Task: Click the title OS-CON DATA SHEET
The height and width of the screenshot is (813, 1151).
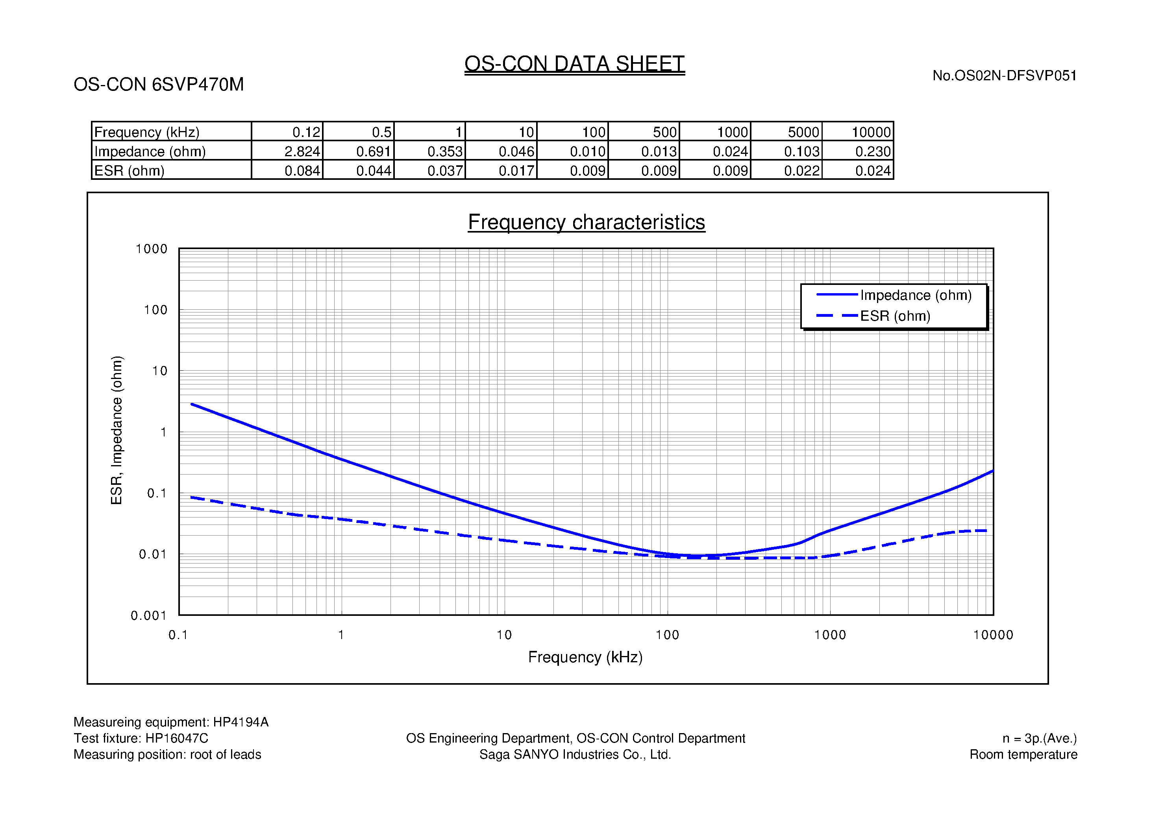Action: (x=574, y=64)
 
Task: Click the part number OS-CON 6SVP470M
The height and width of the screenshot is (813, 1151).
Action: (x=158, y=84)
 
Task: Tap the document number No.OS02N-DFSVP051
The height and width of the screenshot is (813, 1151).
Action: (x=1004, y=76)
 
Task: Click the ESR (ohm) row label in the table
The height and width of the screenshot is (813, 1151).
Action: (x=130, y=171)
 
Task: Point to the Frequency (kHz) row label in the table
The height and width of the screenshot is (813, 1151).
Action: (x=147, y=132)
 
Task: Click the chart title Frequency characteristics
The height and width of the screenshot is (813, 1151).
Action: (x=586, y=222)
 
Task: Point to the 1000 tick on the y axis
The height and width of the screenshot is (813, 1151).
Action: (x=152, y=249)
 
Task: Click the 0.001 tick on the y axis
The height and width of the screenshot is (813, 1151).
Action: (x=148, y=615)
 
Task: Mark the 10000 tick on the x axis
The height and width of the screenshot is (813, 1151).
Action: (x=993, y=635)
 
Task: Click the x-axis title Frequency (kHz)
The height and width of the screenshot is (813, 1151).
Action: (x=585, y=657)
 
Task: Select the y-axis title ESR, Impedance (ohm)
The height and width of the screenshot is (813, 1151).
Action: (x=116, y=430)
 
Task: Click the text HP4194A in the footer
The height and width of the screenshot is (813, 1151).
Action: (x=241, y=722)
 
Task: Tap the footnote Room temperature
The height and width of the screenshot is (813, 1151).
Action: (x=1023, y=754)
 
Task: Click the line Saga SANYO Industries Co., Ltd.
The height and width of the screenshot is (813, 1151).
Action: (x=575, y=754)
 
